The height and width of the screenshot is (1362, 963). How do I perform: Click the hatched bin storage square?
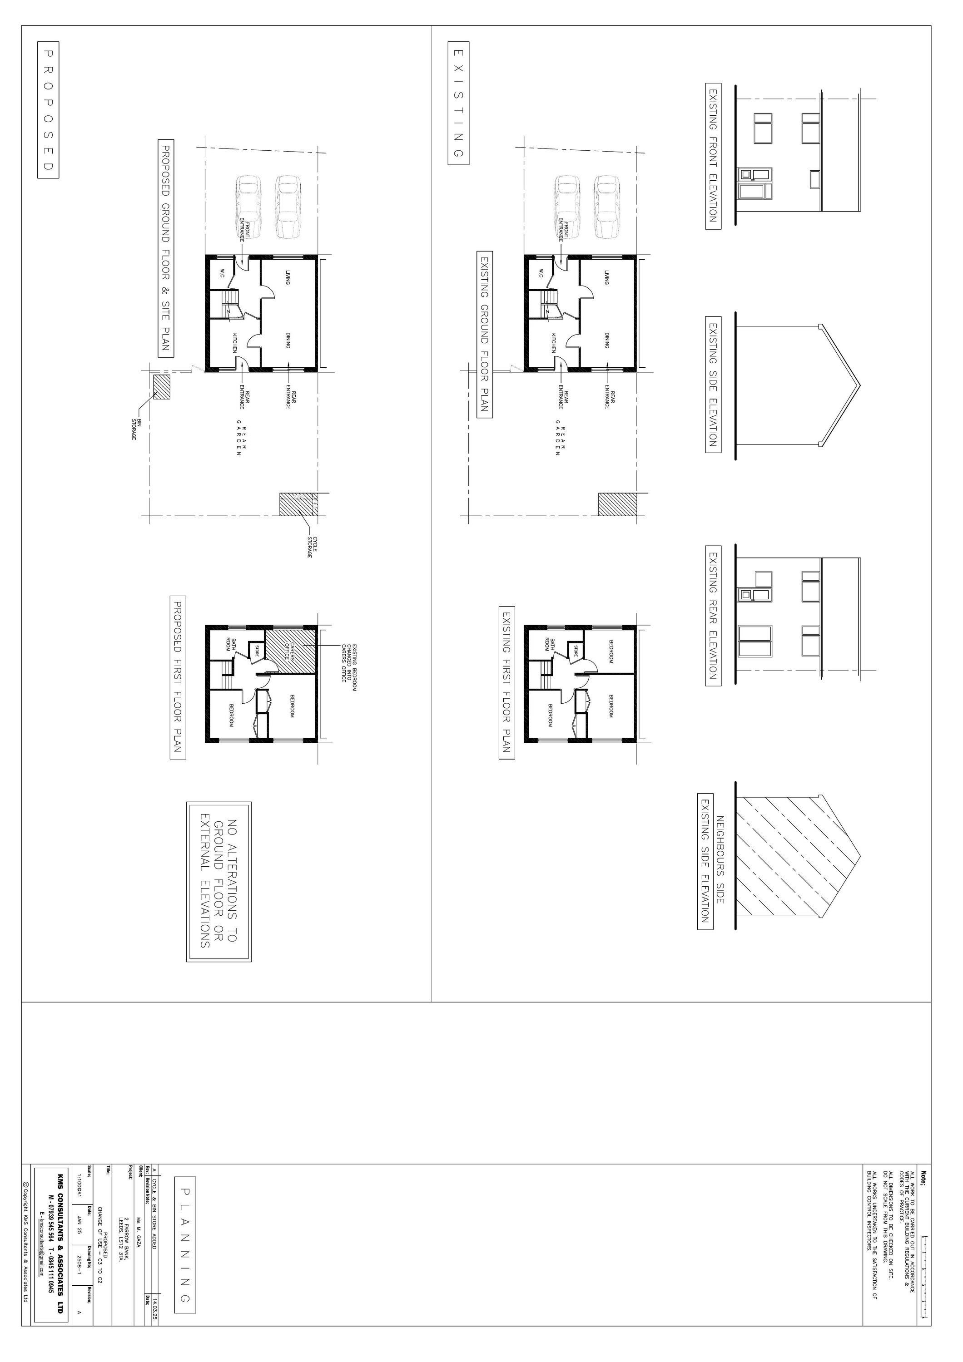point(161,386)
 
